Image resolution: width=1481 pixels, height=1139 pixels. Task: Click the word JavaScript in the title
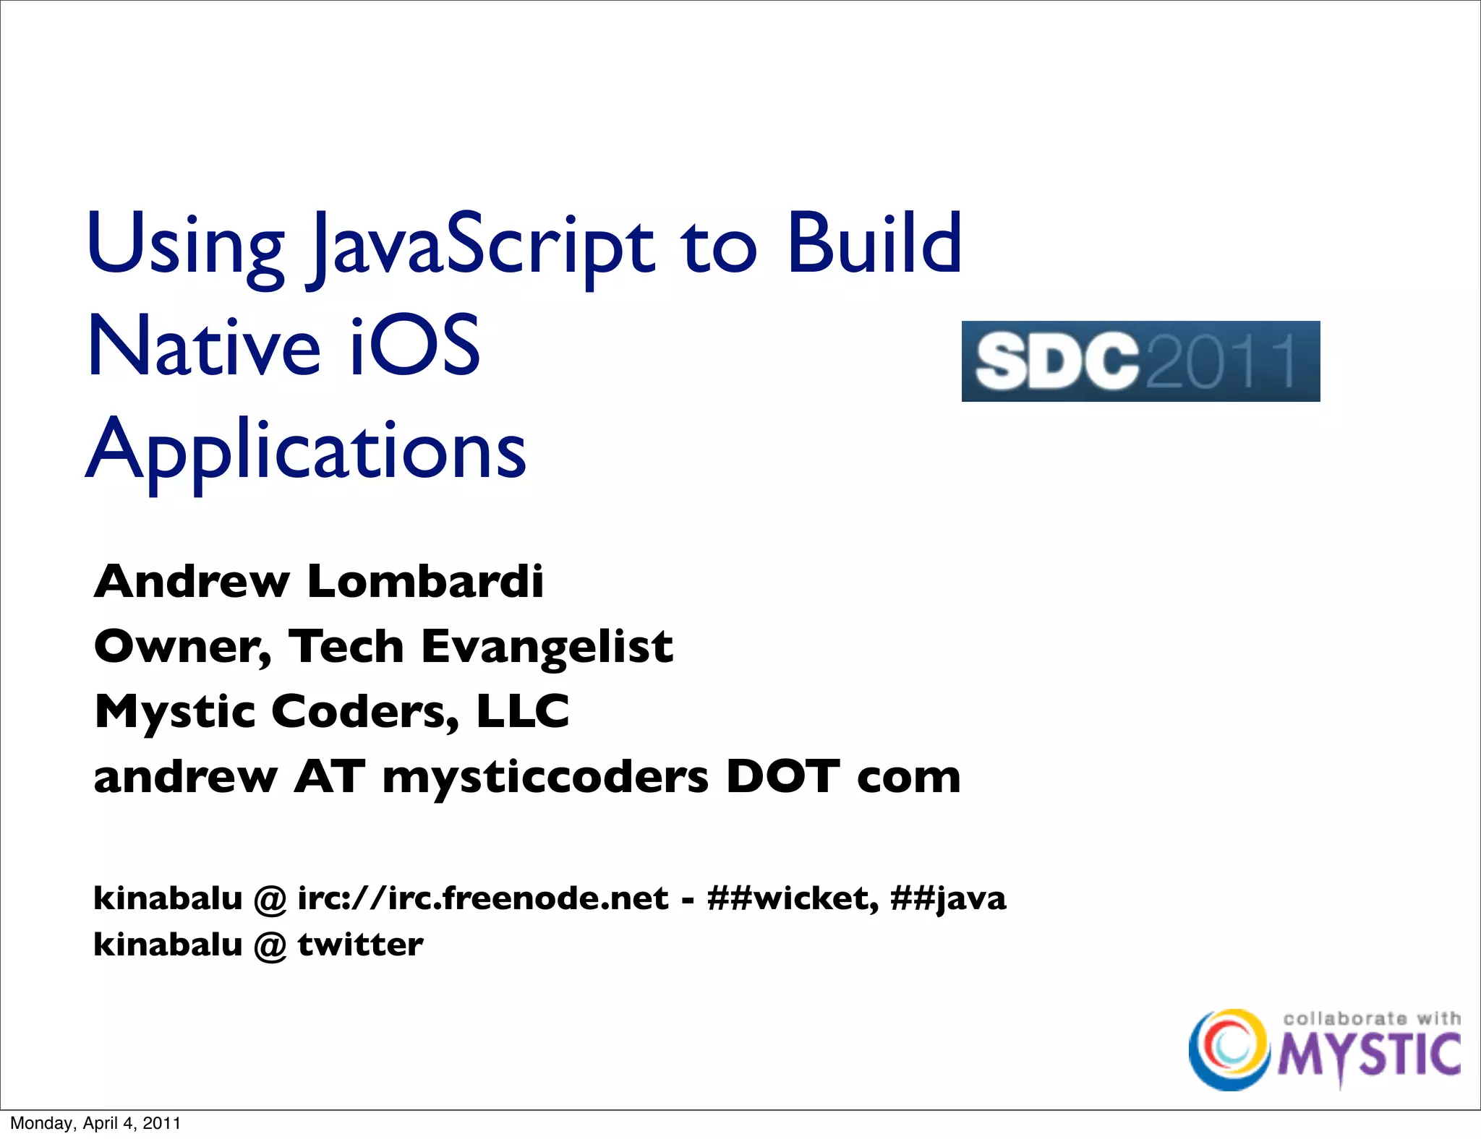click(x=481, y=246)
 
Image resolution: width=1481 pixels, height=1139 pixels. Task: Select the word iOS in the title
click(x=414, y=346)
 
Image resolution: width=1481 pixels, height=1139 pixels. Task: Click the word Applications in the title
click(x=307, y=452)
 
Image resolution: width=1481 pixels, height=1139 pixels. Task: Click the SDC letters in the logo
click(x=1057, y=361)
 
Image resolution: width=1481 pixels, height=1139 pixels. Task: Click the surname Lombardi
click(x=425, y=581)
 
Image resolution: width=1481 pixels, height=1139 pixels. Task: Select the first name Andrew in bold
click(x=192, y=581)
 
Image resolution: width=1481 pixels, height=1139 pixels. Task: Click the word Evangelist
click(x=547, y=646)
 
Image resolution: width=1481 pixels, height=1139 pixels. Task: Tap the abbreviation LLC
click(x=523, y=711)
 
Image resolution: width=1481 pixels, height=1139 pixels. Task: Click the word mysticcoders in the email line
click(x=545, y=778)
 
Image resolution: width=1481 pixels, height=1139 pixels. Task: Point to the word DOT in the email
click(x=782, y=776)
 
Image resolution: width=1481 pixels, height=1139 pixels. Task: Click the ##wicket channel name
click(x=793, y=898)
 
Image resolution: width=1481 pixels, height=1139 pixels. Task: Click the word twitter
click(x=360, y=944)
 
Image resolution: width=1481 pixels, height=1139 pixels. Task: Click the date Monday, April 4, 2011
click(x=95, y=1123)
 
